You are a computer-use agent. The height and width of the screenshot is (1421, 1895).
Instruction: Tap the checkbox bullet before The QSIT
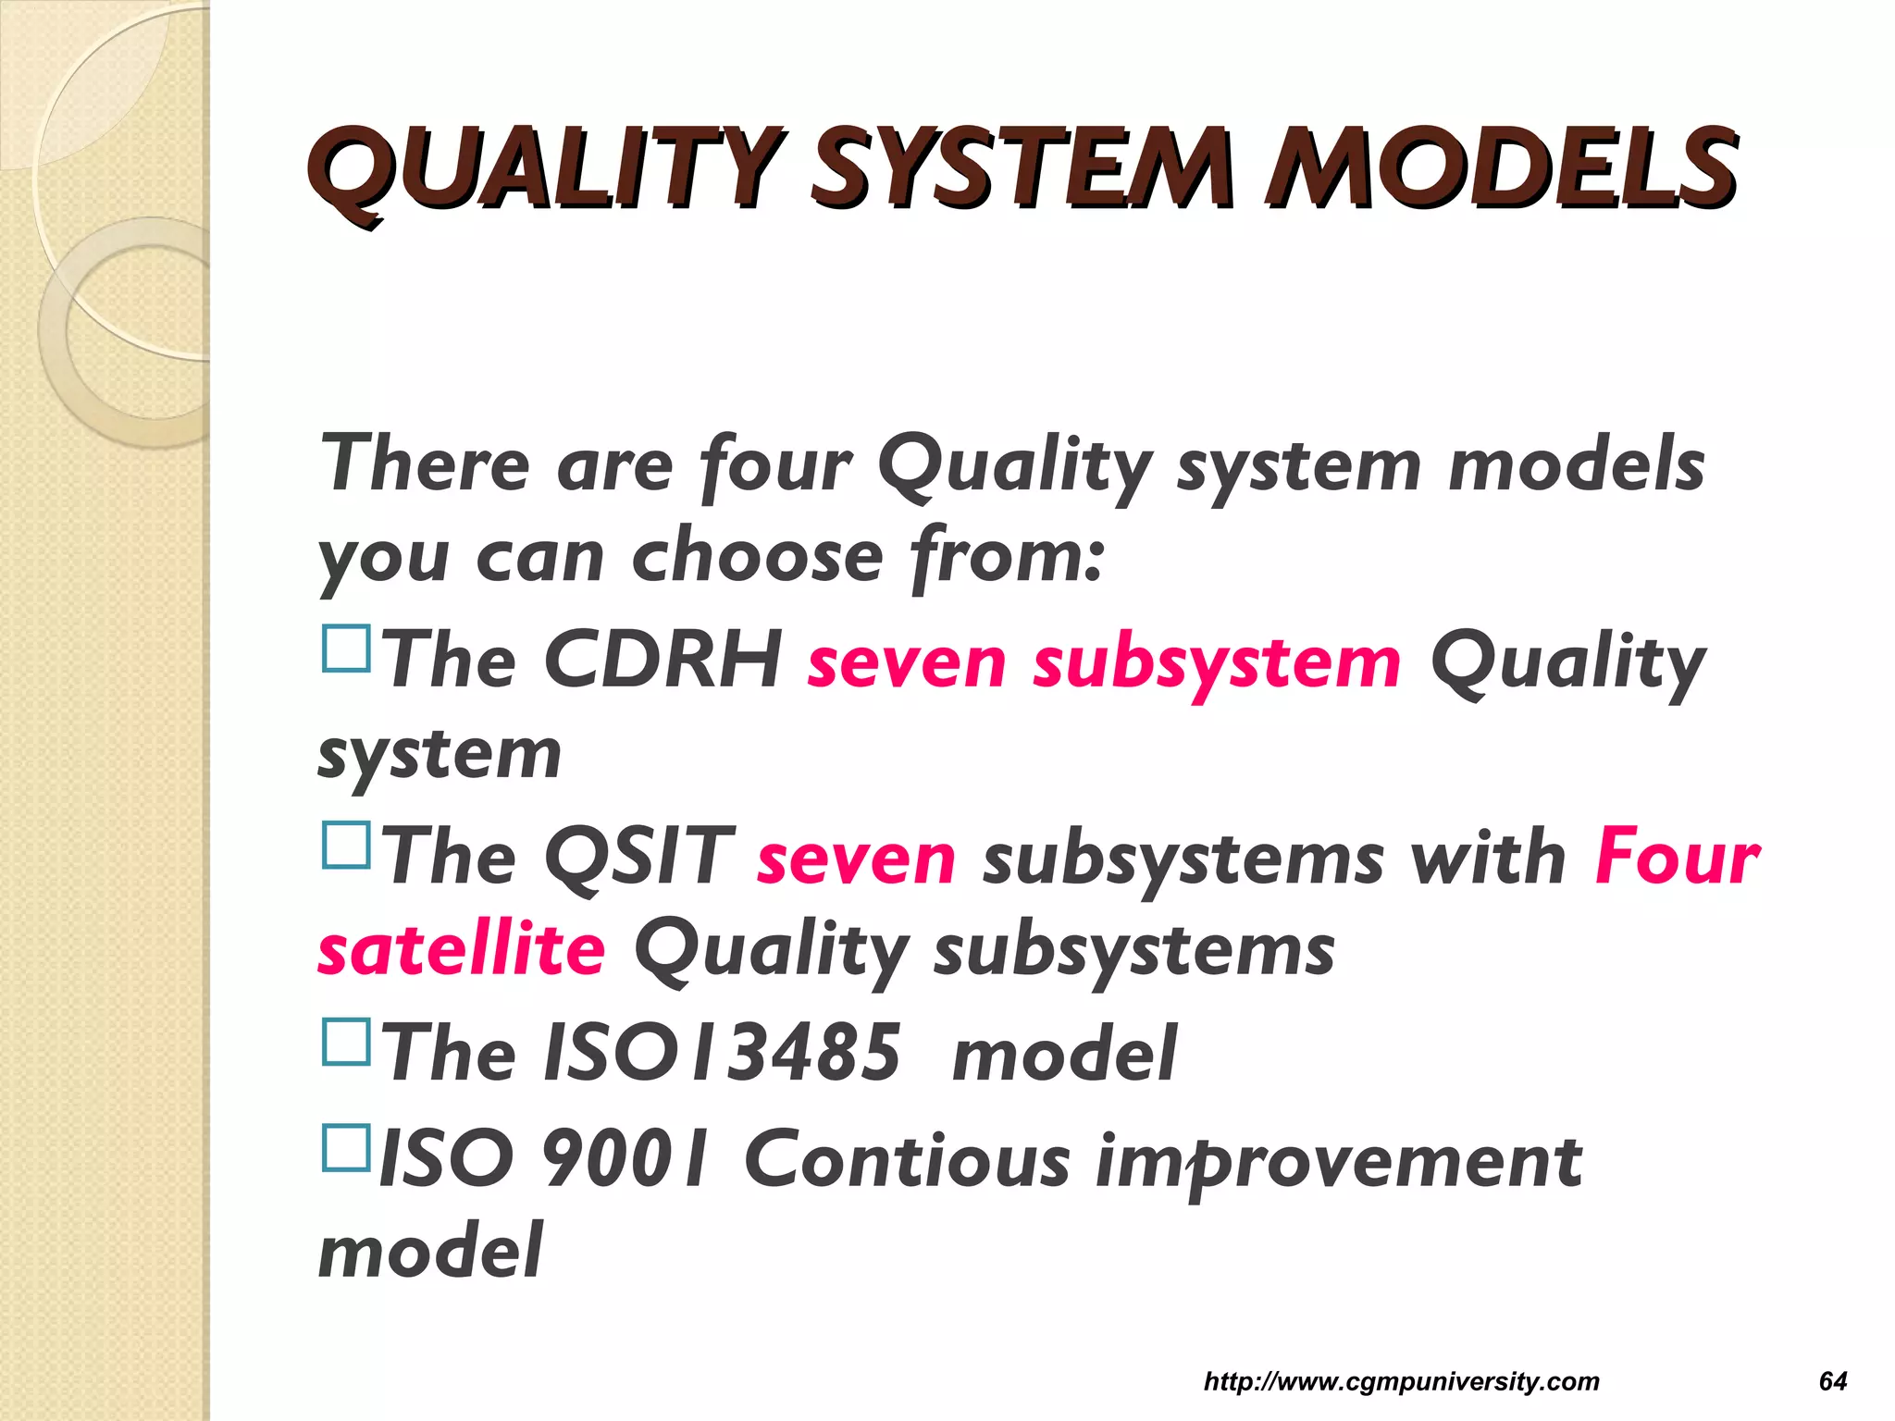pyautogui.click(x=346, y=845)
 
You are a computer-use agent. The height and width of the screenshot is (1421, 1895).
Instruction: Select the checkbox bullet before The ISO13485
pyautogui.click(x=346, y=1042)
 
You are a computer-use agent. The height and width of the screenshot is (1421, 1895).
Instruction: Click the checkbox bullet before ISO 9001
pyautogui.click(x=346, y=1148)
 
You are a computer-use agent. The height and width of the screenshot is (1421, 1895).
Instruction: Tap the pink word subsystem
pyautogui.click(x=1217, y=664)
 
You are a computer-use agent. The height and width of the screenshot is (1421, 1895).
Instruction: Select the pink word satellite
pyautogui.click(x=461, y=950)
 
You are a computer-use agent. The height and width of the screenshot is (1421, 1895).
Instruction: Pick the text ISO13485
pyautogui.click(x=722, y=1053)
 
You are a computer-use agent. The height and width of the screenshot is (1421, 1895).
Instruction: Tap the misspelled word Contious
pyautogui.click(x=907, y=1159)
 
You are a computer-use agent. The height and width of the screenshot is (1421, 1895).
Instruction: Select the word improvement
pyautogui.click(x=1338, y=1163)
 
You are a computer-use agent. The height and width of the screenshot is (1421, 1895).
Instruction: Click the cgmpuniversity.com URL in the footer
pyautogui.click(x=1401, y=1381)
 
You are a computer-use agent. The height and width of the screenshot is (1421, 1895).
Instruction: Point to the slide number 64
pyautogui.click(x=1832, y=1381)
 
